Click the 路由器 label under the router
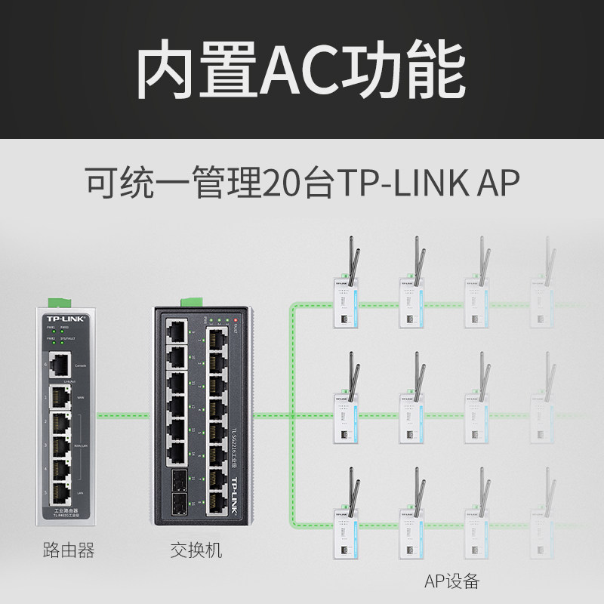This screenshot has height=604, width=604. coord(69,550)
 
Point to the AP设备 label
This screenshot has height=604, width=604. coord(451,581)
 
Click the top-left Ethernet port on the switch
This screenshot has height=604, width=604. coord(176,330)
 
